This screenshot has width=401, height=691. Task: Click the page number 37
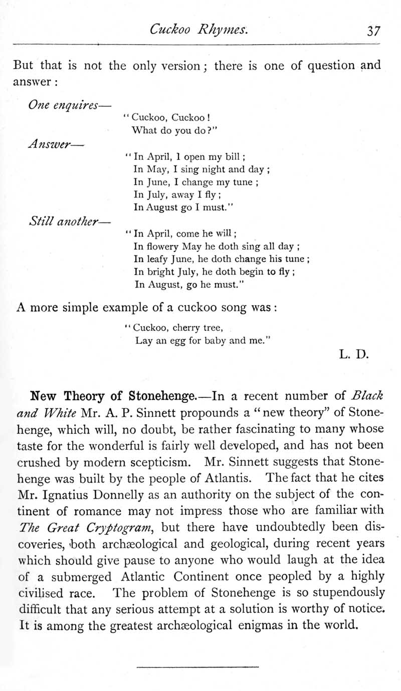[373, 31]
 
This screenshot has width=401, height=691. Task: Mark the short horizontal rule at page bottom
[197, 666]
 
